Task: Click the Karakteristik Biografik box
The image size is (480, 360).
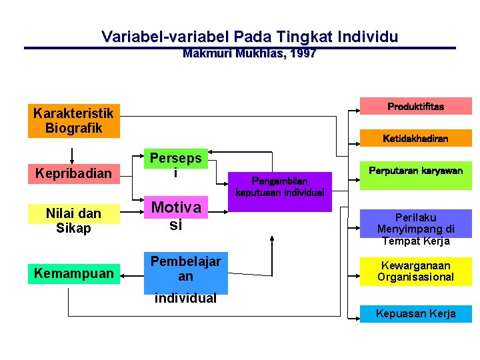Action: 73,121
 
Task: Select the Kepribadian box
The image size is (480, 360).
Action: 73,173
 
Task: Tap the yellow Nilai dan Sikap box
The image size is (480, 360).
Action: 73,221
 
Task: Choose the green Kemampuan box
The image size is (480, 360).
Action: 73,273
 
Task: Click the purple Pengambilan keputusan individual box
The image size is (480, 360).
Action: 279,187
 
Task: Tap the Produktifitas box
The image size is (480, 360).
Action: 415,106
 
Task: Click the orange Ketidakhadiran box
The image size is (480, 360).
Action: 415,138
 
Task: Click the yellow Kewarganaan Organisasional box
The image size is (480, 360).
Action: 415,271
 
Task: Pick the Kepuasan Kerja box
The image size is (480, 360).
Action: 415,313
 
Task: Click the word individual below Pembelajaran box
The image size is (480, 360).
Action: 185,298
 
